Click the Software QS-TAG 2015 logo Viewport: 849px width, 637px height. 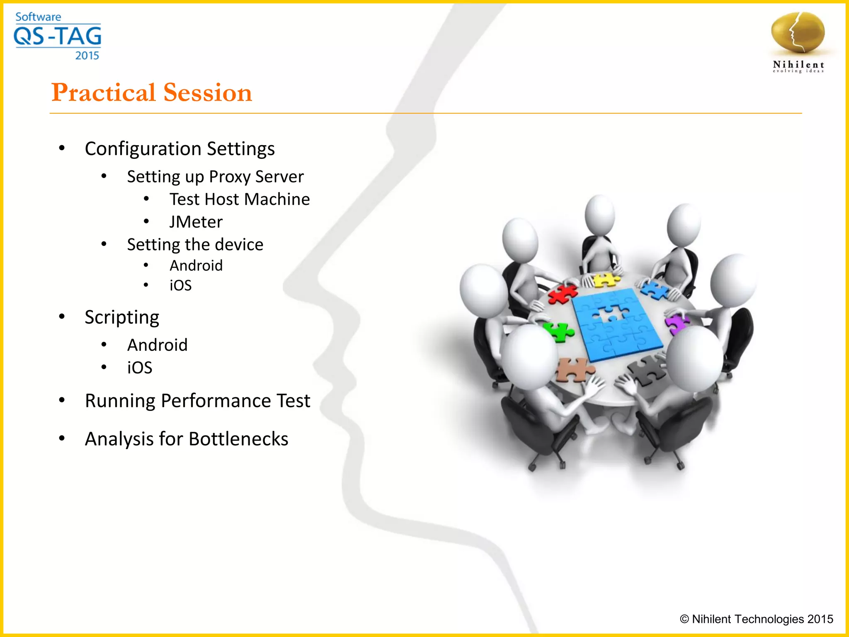[58, 36]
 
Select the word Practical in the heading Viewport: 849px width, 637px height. [103, 92]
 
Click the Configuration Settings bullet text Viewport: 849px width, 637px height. [180, 148]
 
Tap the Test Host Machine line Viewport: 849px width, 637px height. [239, 199]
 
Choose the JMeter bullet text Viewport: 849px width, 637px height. [196, 222]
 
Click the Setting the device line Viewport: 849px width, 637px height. [195, 245]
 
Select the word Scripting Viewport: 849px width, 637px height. [122, 318]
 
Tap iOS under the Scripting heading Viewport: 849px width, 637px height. [140, 368]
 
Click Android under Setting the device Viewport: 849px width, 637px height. [196, 265]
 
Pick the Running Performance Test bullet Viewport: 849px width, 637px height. [197, 401]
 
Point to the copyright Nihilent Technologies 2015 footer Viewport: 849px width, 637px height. [756, 619]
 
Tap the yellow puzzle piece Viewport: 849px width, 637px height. [606, 280]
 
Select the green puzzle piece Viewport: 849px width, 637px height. [559, 332]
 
